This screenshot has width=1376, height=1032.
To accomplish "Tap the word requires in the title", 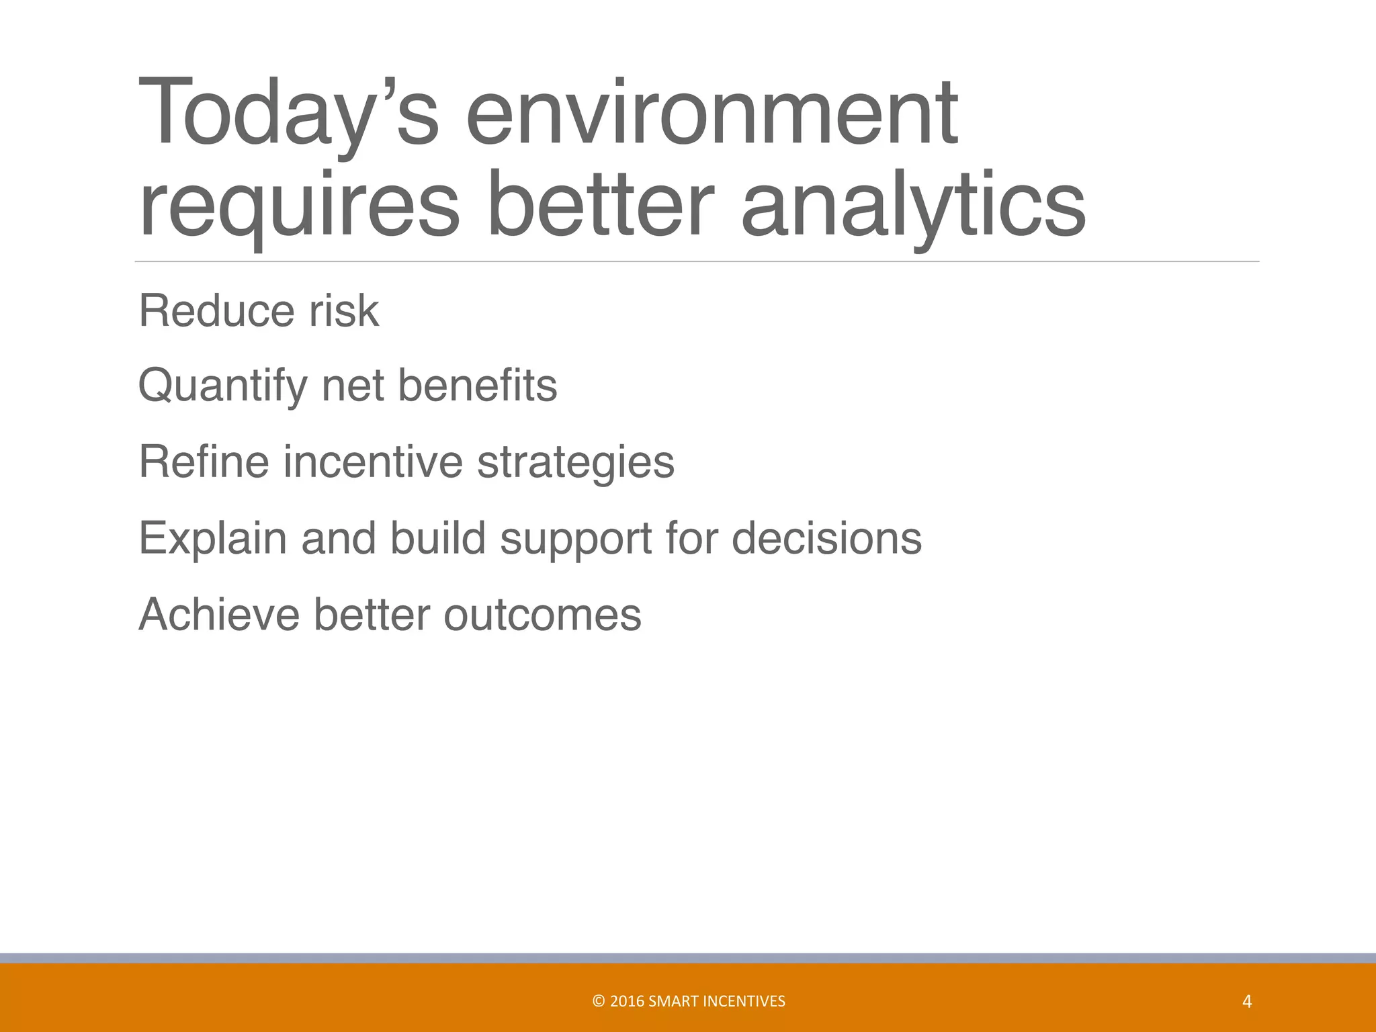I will (298, 205).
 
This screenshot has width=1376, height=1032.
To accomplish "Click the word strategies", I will (575, 464).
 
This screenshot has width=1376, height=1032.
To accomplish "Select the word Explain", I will (212, 539).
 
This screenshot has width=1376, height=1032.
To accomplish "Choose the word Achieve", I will (218, 615).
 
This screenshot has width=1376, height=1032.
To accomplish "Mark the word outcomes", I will (542, 615).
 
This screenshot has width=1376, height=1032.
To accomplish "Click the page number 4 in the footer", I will (1247, 1002).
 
